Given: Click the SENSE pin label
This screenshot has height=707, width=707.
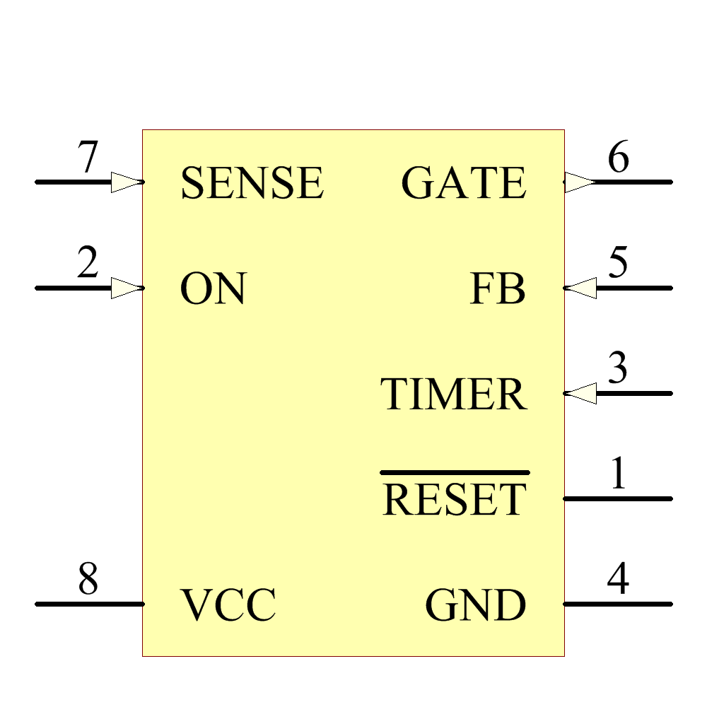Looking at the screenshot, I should tap(252, 183).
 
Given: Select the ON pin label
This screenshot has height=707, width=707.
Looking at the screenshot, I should tap(213, 289).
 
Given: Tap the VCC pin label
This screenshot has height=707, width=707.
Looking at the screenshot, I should tap(228, 605).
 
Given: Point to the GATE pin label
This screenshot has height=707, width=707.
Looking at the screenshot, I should tap(464, 183).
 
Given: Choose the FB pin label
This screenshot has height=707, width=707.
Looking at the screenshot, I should tap(498, 289).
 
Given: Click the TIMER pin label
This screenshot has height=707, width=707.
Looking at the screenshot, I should tap(454, 395).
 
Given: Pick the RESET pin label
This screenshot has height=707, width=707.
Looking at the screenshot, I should tap(454, 500).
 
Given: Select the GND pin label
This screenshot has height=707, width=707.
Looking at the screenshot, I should tap(475, 605).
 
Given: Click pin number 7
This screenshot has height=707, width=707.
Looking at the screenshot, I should tap(88, 158).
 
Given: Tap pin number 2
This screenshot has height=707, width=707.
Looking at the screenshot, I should tap(88, 264).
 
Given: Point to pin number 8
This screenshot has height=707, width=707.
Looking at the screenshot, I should tap(88, 580).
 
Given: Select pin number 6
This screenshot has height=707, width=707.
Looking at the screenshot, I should tap(618, 158).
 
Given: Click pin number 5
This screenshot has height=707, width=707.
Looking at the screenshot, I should tap(618, 264).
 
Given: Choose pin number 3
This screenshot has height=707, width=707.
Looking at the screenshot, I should tap(618, 369).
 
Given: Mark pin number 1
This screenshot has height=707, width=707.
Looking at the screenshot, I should tap(618, 474).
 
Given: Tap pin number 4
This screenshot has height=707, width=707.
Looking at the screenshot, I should tap(618, 580).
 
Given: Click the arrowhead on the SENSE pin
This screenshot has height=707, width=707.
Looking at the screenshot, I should tap(126, 182).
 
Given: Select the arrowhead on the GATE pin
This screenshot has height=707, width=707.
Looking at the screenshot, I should tap(580, 182).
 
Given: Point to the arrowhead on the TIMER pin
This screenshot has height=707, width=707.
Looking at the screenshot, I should tap(582, 394).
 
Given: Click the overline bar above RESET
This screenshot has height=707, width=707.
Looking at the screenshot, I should tap(455, 472).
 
